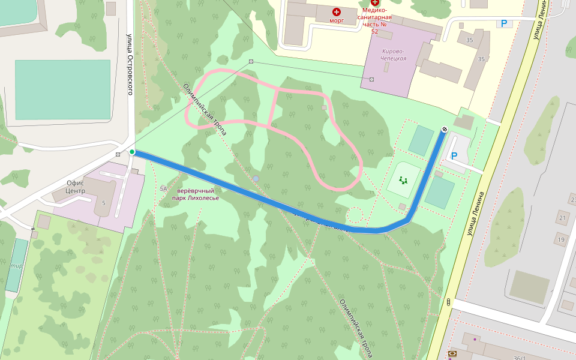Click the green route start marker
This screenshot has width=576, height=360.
coord(132,152)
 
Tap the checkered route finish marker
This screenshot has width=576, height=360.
coord(445,129)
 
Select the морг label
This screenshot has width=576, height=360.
coord(337,20)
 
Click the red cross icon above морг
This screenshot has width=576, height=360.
coord(337,11)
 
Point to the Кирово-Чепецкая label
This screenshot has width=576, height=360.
coord(394,55)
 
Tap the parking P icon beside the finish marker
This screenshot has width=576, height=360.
coord(454,156)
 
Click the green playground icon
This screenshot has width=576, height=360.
coord(403,180)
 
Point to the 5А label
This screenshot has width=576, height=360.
coord(163,188)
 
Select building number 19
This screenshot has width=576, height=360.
coord(561,240)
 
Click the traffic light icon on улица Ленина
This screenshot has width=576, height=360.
coord(449,302)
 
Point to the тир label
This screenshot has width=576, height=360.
coord(17,265)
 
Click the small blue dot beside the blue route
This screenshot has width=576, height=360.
coord(256,178)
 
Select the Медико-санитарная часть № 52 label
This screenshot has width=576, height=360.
coord(375,20)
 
